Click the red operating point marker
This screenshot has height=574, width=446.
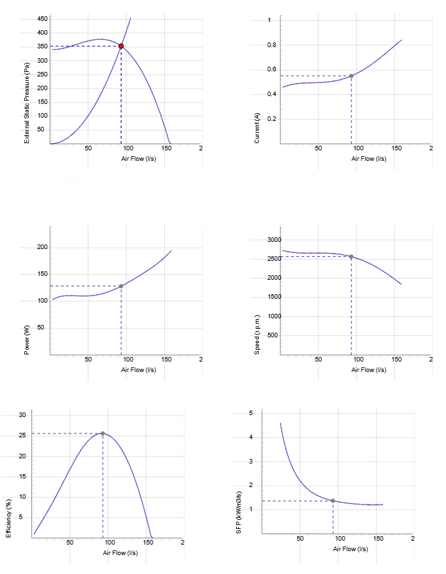[x=121, y=46]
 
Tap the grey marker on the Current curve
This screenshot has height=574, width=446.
[x=351, y=76]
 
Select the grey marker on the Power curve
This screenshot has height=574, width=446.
[x=121, y=286]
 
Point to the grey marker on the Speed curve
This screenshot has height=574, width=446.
[x=351, y=257]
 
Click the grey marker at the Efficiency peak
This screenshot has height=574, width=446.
[x=103, y=433]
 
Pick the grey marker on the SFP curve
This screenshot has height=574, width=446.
[x=333, y=501]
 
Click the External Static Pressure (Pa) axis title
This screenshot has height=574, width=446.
[x=27, y=103]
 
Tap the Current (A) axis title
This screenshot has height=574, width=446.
[x=257, y=127]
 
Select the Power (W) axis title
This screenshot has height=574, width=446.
[x=27, y=340]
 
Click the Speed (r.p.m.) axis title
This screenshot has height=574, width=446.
[x=257, y=335]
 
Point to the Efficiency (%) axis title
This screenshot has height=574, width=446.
[x=9, y=518]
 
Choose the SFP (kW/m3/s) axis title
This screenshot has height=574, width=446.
[x=239, y=513]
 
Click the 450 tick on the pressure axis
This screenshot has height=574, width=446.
[x=43, y=19]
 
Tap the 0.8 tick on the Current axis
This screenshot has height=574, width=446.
[x=271, y=45]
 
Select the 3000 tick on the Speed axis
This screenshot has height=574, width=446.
[x=274, y=240]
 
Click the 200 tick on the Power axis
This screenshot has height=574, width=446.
[x=43, y=247]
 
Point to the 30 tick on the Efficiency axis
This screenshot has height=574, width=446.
[x=23, y=415]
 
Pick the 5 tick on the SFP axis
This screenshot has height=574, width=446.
[x=251, y=413]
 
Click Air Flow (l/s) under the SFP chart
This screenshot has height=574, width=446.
[x=351, y=549]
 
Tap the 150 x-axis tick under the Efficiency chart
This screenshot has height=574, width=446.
[x=148, y=543]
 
